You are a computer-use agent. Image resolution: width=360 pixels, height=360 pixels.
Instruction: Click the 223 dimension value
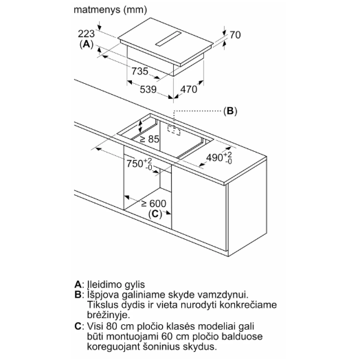pyautogui.click(x=86, y=34)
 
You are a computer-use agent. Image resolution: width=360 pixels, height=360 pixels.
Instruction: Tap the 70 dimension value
pyautogui.click(x=235, y=35)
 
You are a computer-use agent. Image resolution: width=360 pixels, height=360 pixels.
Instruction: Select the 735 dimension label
pyautogui.click(x=140, y=71)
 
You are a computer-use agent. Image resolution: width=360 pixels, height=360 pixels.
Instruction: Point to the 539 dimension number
pyautogui.click(x=148, y=89)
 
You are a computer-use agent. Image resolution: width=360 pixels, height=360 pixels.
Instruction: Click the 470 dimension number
pyautogui.click(x=189, y=89)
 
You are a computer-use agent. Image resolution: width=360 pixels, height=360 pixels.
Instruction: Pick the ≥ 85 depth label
pyautogui.click(x=149, y=139)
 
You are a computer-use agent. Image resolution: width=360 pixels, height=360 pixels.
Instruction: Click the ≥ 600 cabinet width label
pyautogui.click(x=154, y=203)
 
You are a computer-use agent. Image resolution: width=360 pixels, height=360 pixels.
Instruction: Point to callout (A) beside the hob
pyautogui.click(x=87, y=44)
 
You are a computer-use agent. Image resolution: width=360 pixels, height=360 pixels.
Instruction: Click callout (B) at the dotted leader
pyautogui.click(x=230, y=111)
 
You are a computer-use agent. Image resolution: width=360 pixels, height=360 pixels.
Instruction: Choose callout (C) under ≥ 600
pyautogui.click(x=155, y=214)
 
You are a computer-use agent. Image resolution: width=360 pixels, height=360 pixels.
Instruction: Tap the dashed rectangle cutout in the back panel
pyautogui.click(x=174, y=130)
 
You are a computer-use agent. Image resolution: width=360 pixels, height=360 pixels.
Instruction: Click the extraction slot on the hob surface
pyautogui.click(x=168, y=38)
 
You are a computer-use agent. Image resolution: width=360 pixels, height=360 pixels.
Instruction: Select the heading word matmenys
pyautogui.click(x=97, y=10)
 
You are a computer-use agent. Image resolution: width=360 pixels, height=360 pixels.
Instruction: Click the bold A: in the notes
pyautogui.click(x=78, y=284)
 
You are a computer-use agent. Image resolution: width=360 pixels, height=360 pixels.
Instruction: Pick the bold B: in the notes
pyautogui.click(x=78, y=295)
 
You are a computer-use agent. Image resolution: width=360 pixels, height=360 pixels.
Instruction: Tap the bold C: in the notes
pyautogui.click(x=78, y=326)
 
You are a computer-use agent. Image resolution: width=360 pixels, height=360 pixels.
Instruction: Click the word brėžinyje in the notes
pyautogui.click(x=109, y=315)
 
